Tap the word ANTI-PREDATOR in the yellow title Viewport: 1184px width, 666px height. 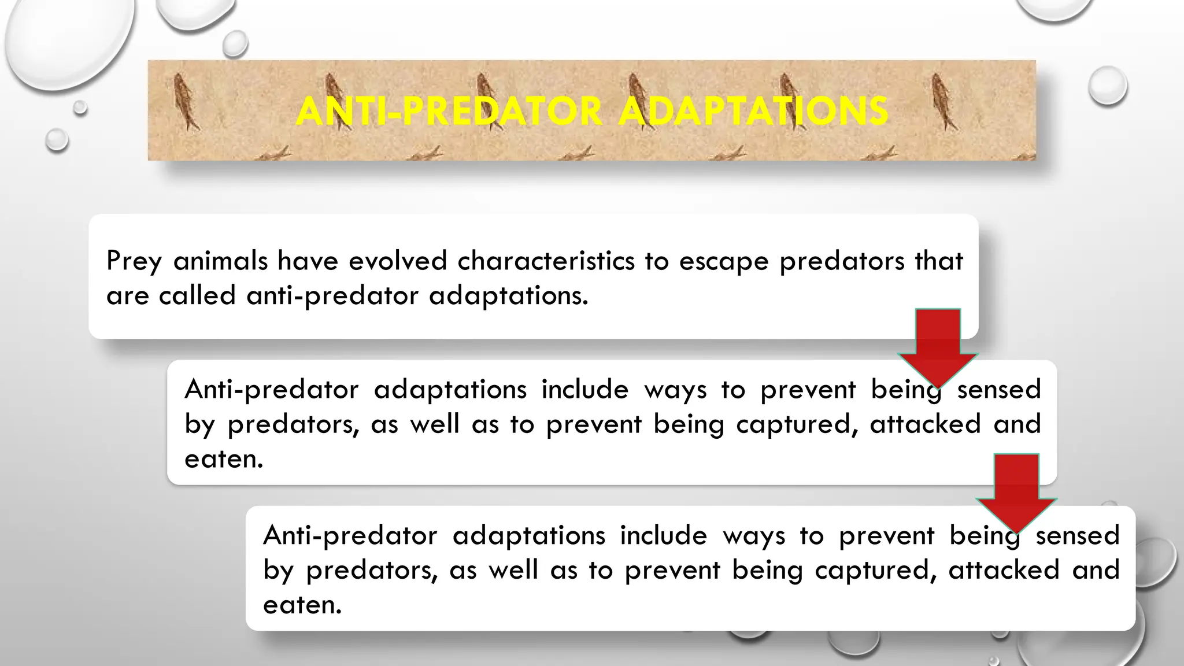click(449, 111)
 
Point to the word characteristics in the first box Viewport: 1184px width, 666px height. click(546, 261)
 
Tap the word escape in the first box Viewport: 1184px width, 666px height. click(724, 261)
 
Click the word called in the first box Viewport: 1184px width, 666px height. click(197, 295)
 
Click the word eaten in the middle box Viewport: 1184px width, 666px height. click(224, 459)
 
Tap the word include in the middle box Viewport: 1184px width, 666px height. click(584, 389)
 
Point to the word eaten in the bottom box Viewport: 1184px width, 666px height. click(302, 605)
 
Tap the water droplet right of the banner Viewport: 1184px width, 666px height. click(1107, 86)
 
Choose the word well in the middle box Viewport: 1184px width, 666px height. click(434, 424)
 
